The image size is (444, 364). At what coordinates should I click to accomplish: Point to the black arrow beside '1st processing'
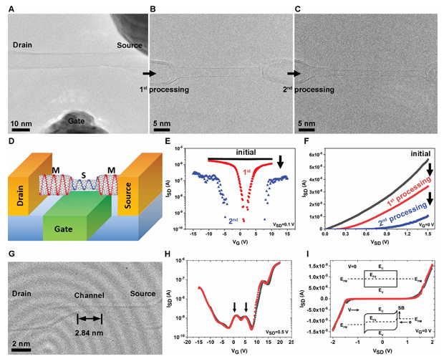click(148, 73)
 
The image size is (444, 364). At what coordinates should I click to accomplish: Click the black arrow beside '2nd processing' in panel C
click(292, 73)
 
